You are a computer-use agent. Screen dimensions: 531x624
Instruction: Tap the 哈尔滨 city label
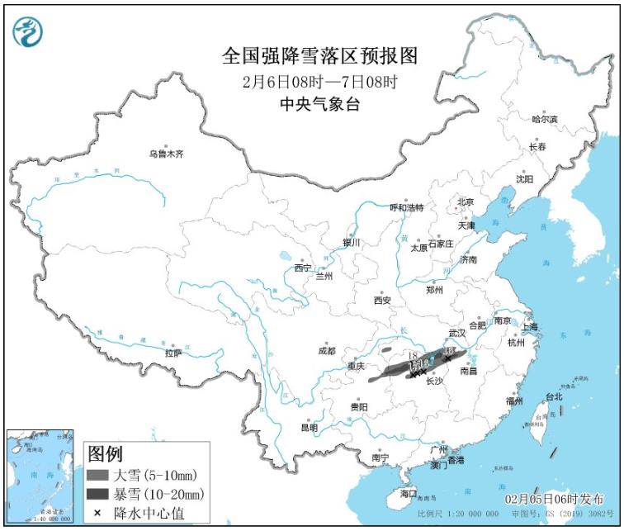[545, 120]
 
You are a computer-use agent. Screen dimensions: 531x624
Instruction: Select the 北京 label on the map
[466, 201]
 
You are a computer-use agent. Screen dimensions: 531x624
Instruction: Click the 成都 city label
[327, 350]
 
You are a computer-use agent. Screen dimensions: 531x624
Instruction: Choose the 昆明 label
[309, 427]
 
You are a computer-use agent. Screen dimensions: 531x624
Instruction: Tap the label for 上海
[530, 327]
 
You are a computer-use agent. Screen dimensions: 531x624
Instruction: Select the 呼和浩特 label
[406, 207]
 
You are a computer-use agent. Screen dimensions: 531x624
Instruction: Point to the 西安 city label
[381, 301]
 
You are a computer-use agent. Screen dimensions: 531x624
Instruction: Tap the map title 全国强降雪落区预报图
[320, 55]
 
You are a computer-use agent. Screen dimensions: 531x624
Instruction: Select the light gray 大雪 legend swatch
[97, 475]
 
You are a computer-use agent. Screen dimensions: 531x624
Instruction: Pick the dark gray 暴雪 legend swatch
[97, 494]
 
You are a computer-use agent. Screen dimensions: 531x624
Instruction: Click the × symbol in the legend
[97, 513]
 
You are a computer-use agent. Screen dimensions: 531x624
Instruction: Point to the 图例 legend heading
[105, 453]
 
